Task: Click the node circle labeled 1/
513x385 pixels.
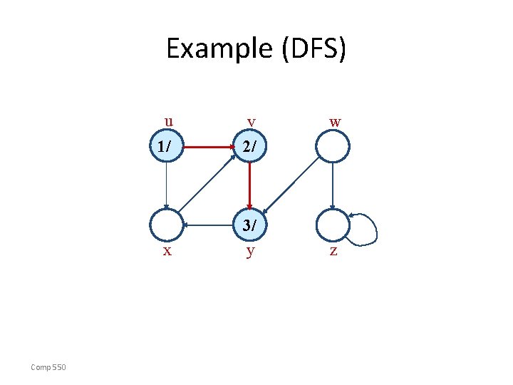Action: click(x=166, y=148)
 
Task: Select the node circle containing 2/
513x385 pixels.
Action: click(x=249, y=148)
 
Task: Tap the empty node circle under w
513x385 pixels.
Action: click(x=333, y=148)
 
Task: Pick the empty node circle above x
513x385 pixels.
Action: click(x=166, y=225)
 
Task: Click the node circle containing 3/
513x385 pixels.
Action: click(x=249, y=225)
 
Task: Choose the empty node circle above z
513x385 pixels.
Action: click(x=333, y=225)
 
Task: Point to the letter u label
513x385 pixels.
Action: click(x=168, y=120)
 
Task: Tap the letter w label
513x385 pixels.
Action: click(x=335, y=122)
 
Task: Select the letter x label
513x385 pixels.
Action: click(x=167, y=251)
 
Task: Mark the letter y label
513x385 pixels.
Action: click(x=250, y=252)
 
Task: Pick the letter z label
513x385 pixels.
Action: click(x=333, y=252)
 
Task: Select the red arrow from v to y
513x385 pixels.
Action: click(x=249, y=186)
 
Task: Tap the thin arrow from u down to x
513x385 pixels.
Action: click(x=166, y=186)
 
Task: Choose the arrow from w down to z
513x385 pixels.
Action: click(x=333, y=186)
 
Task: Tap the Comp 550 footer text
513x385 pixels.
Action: click(x=48, y=367)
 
